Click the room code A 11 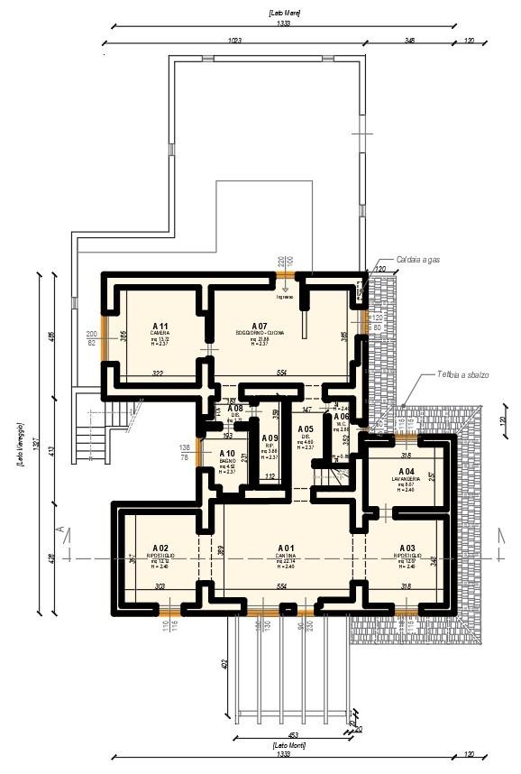pyautogui.click(x=160, y=326)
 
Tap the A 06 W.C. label pyautogui.click(x=341, y=418)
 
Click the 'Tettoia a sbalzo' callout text pyautogui.click(x=462, y=373)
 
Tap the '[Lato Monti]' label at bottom pyautogui.click(x=285, y=745)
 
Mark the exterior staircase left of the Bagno pyautogui.click(x=91, y=428)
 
